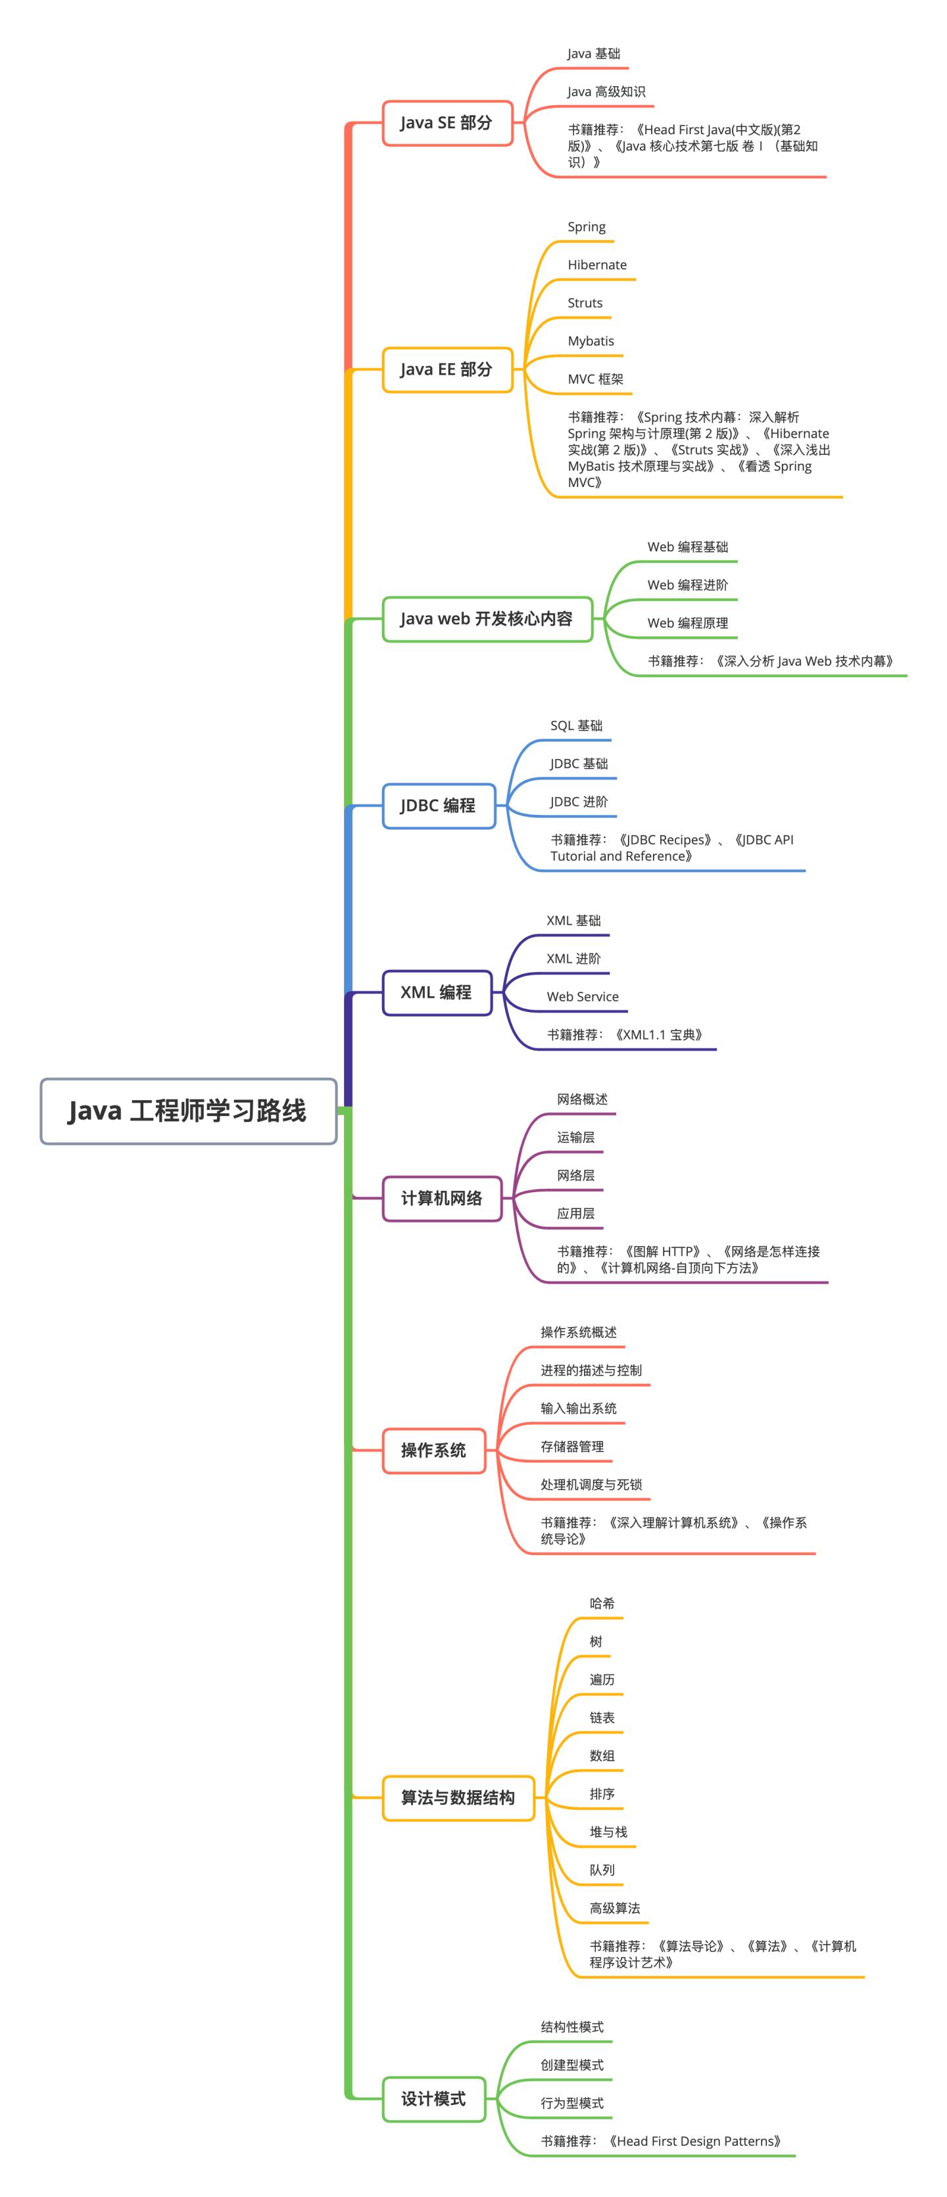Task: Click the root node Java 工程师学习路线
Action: click(x=187, y=1111)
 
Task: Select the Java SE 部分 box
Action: click(x=446, y=123)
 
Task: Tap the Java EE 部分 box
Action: click(x=446, y=369)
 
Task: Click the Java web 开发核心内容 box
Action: click(x=486, y=618)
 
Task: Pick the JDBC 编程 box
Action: click(x=438, y=805)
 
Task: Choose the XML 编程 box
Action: click(x=436, y=992)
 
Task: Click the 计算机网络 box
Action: click(x=441, y=1197)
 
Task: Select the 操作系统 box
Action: click(x=433, y=1450)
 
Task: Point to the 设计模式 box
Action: click(x=433, y=2098)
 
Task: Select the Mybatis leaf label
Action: click(x=591, y=341)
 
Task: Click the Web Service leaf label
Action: click(x=582, y=996)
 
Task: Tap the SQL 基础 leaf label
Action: click(x=576, y=726)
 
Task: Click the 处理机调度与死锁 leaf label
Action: click(x=591, y=1484)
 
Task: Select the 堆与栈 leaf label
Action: click(x=608, y=1831)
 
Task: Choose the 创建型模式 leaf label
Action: click(x=571, y=2065)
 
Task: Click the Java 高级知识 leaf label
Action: click(x=606, y=92)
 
